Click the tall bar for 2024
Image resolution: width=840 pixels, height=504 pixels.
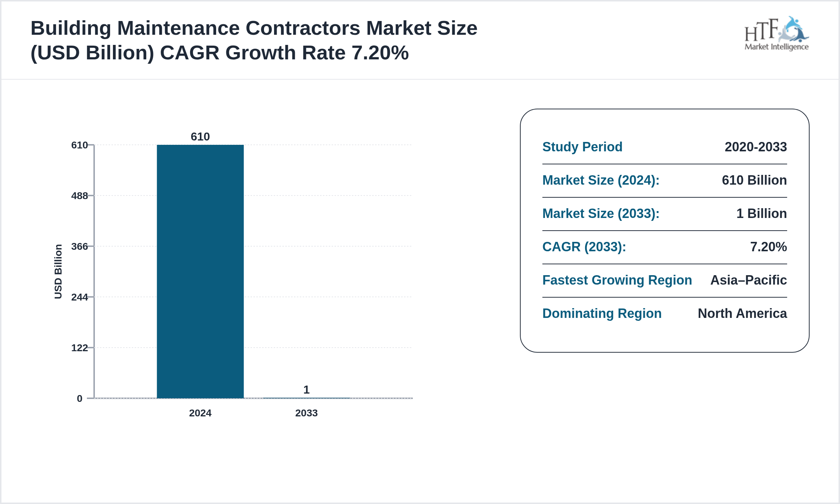(x=200, y=272)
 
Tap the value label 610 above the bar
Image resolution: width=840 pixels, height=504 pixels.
(x=200, y=136)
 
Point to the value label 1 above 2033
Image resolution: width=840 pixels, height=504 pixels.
(x=306, y=390)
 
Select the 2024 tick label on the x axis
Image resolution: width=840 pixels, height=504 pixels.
(x=200, y=413)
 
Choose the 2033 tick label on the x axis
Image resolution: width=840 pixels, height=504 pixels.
(x=306, y=413)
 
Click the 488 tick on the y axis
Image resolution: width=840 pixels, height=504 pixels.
(x=80, y=196)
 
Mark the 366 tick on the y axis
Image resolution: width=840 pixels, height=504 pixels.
(x=80, y=247)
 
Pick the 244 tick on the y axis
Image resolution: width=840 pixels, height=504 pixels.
(x=80, y=297)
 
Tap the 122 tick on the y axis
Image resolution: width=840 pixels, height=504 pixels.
(x=80, y=348)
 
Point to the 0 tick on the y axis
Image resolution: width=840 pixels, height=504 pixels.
(x=80, y=399)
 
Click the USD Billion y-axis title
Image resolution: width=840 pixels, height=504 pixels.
(x=58, y=272)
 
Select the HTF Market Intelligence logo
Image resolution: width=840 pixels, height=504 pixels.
(x=776, y=34)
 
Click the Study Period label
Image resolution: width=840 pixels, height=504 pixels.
(x=582, y=147)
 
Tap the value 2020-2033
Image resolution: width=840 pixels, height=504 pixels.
(x=756, y=147)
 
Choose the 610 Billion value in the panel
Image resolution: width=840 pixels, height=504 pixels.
(x=754, y=180)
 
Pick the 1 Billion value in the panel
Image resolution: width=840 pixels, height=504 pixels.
(x=761, y=214)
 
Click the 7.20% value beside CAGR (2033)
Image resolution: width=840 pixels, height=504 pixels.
(x=768, y=247)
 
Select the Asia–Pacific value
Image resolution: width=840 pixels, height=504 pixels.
(x=748, y=280)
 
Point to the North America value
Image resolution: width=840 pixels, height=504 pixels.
(x=742, y=314)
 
